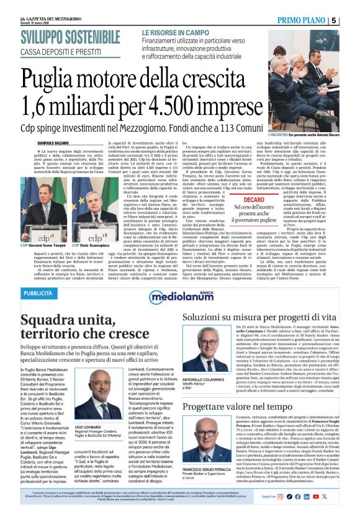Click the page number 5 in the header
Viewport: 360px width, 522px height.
(x=351, y=20)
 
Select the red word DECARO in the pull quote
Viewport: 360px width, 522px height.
(x=254, y=200)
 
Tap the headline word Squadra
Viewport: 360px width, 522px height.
(x=48, y=322)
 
